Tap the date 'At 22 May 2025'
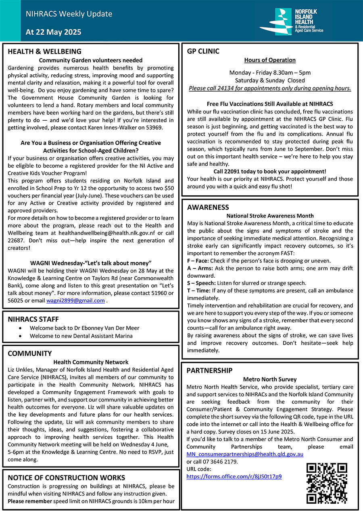(53, 32)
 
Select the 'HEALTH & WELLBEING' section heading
(44, 51)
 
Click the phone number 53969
(165, 128)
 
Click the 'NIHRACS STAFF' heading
(33, 319)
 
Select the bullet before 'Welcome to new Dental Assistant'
(21, 336)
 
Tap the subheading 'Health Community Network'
(91, 362)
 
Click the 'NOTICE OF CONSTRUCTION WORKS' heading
(67, 478)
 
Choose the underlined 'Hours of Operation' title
(270, 60)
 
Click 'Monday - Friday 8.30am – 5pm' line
(270, 73)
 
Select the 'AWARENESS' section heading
(208, 207)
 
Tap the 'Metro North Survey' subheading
(270, 379)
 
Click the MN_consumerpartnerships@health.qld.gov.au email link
(245, 454)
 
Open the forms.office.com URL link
(234, 476)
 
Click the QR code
(327, 483)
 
